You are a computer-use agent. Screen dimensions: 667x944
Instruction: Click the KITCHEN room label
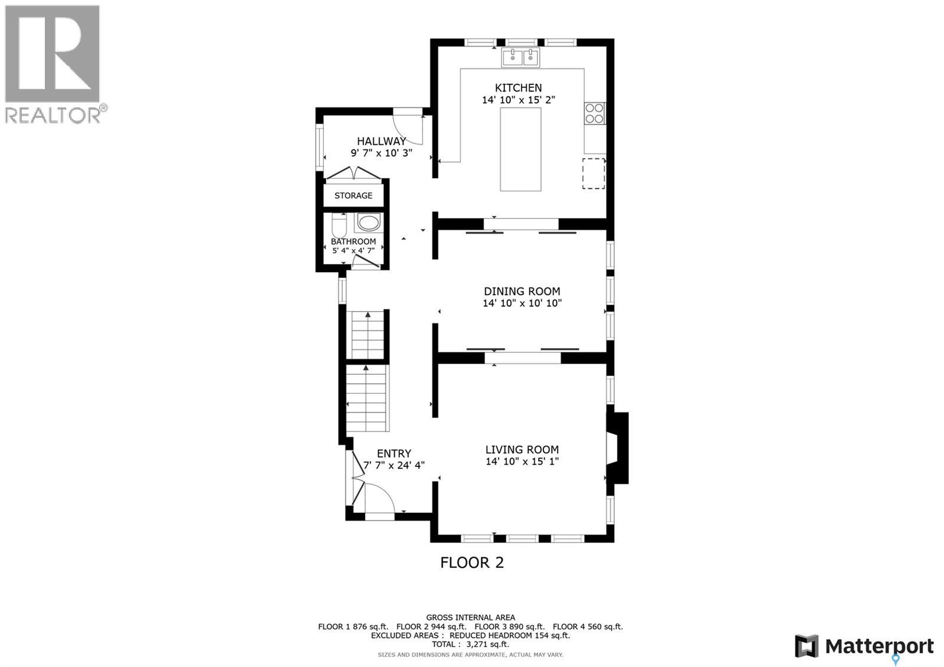518,88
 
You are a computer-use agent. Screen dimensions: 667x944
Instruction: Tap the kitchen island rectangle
520,149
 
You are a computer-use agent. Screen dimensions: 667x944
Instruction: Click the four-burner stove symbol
594,113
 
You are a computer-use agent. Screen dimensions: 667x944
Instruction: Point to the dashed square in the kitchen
594,174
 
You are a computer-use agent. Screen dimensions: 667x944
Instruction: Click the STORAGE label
353,195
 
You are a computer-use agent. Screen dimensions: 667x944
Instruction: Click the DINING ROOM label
522,291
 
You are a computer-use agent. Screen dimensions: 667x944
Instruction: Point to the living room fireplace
617,448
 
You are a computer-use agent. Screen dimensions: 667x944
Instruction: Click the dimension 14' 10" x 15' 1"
522,462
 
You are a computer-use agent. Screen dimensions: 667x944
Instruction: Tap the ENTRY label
394,453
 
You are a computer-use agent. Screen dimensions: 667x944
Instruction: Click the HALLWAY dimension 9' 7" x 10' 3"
381,152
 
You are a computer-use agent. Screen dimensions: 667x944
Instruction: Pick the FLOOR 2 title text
472,563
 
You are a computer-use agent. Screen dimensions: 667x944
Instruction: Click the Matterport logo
864,646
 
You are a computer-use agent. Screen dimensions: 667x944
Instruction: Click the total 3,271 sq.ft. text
470,645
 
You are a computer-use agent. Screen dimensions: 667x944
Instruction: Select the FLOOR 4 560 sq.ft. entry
588,627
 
